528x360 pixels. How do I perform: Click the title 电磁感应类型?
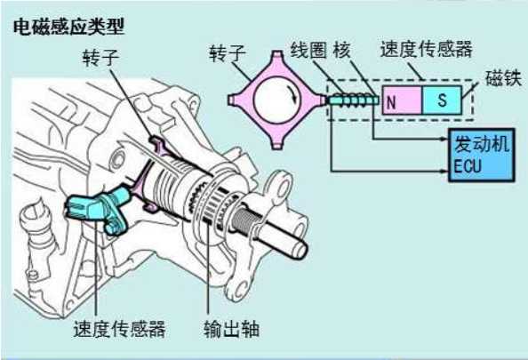[x=69, y=27]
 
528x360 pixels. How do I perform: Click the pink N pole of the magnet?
[x=402, y=100]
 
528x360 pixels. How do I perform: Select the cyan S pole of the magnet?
[x=442, y=100]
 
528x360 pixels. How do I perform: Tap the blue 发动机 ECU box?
[x=481, y=155]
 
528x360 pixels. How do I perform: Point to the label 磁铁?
[x=503, y=78]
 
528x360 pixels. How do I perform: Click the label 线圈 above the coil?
[x=308, y=50]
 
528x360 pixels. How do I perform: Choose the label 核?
[x=342, y=50]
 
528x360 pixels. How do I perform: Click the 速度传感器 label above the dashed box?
[x=427, y=50]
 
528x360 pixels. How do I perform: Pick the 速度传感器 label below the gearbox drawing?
[x=119, y=329]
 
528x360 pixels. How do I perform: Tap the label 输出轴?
[x=231, y=329]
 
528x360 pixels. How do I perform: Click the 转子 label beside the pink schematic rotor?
[x=228, y=54]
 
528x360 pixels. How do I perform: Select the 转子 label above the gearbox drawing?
[x=101, y=58]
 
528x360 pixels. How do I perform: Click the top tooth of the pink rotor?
[x=276, y=54]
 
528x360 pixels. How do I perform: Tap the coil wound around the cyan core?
[x=353, y=100]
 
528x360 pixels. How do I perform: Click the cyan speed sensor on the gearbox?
[x=98, y=210]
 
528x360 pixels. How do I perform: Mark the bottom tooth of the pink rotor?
[x=276, y=146]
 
